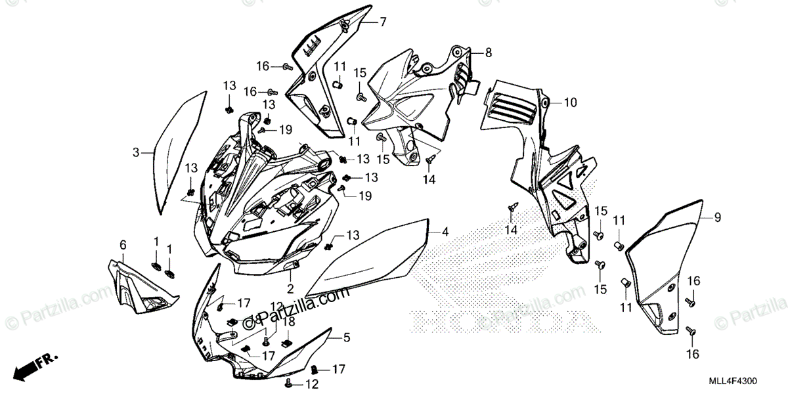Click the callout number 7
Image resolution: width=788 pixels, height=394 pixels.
click(x=382, y=22)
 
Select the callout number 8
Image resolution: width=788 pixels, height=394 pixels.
click(x=488, y=51)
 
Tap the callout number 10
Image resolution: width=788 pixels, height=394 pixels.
click(x=569, y=102)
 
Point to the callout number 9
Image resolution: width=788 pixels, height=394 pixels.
click(x=717, y=217)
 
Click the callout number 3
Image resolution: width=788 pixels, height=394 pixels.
click(x=136, y=152)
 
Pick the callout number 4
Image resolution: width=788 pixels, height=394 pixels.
click(x=445, y=231)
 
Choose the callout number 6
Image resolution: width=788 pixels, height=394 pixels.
click(x=122, y=245)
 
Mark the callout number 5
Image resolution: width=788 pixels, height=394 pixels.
click(x=347, y=338)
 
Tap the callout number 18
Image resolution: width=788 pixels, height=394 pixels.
click(x=289, y=322)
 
